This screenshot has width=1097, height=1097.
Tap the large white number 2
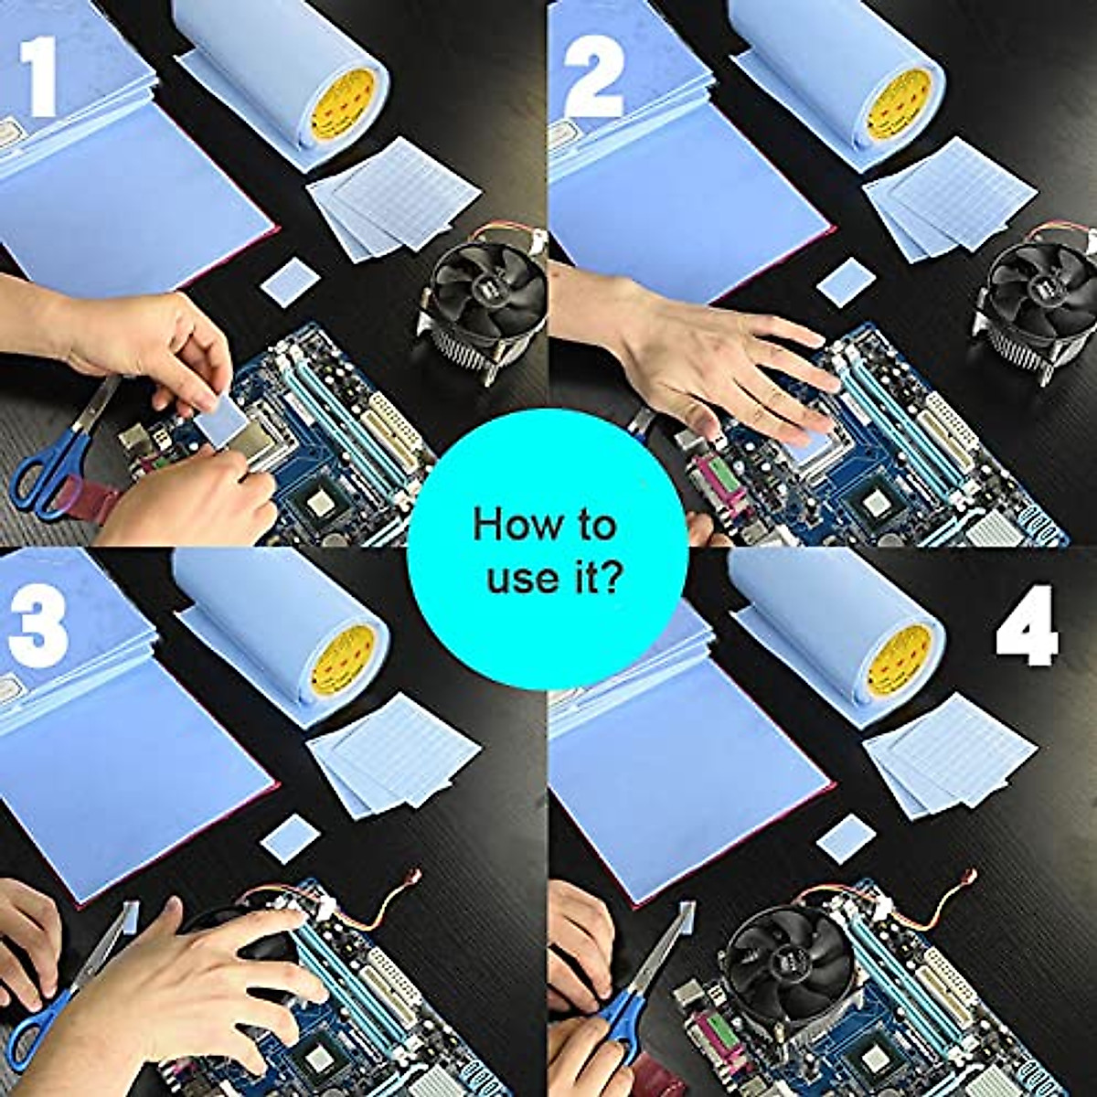pos(593,78)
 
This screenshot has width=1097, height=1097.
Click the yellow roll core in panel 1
pos(343,105)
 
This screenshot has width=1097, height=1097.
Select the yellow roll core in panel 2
pos(899,105)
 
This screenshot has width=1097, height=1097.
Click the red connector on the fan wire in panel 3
pos(415,875)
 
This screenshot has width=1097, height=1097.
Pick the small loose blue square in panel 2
pos(846,282)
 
